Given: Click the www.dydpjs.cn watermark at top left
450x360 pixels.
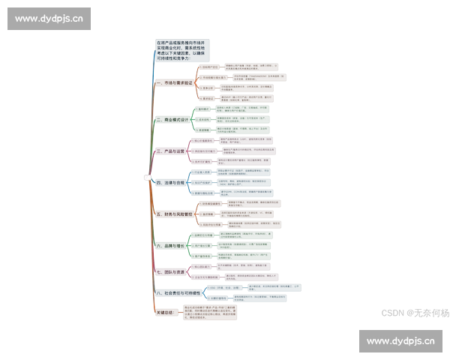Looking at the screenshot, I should (x=50, y=19).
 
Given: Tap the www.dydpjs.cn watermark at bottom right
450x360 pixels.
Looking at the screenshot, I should (x=399, y=341).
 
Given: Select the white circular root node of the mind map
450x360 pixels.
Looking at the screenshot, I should (x=148, y=177).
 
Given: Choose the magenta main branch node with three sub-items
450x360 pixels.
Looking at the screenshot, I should (x=171, y=151).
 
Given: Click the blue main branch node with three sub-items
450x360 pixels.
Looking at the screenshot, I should (x=171, y=182).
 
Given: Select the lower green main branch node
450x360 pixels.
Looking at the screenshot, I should (x=171, y=246).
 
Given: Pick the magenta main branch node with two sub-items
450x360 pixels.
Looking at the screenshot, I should (x=171, y=271).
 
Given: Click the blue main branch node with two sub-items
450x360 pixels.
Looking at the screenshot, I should (x=178, y=292).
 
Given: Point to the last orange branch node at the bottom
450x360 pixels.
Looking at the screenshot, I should (x=165, y=312).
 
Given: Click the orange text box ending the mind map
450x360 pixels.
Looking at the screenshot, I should (x=211, y=313).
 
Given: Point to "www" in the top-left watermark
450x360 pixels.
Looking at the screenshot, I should (x=25, y=19).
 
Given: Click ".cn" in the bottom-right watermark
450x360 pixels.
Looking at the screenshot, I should (x=427, y=341).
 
